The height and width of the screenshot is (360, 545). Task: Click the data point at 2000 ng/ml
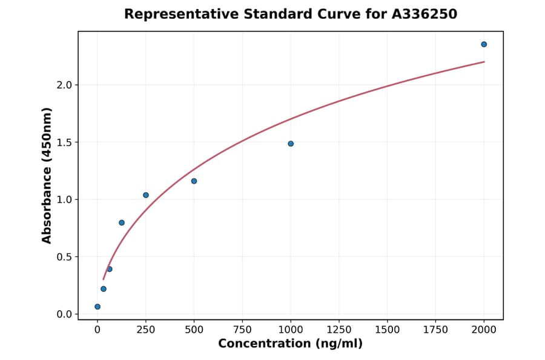[x=484, y=44]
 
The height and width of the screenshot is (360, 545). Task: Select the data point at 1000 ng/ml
[x=291, y=144]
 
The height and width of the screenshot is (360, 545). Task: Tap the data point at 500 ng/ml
[x=194, y=181]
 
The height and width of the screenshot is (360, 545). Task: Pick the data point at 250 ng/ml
[x=146, y=195]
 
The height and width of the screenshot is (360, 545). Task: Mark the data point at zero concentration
[x=97, y=307]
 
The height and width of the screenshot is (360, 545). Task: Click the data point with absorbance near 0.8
[x=122, y=222]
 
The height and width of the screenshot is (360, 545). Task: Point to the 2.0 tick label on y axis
[x=64, y=85]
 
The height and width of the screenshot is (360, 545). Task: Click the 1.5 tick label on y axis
[x=64, y=142]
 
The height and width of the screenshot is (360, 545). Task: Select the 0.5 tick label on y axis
[x=64, y=257]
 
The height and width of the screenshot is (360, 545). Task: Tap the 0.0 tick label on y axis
[x=64, y=314]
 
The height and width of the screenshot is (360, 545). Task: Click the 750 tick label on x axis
[x=242, y=330]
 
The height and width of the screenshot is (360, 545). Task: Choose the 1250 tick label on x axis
[x=339, y=330]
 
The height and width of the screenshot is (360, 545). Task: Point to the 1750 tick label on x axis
[x=435, y=330]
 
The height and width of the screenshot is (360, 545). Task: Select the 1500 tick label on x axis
[x=388, y=330]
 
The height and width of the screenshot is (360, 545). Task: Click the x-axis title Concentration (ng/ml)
[x=291, y=344]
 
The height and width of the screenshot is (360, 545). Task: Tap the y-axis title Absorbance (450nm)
[x=47, y=175]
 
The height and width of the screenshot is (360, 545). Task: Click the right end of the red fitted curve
[x=484, y=62]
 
